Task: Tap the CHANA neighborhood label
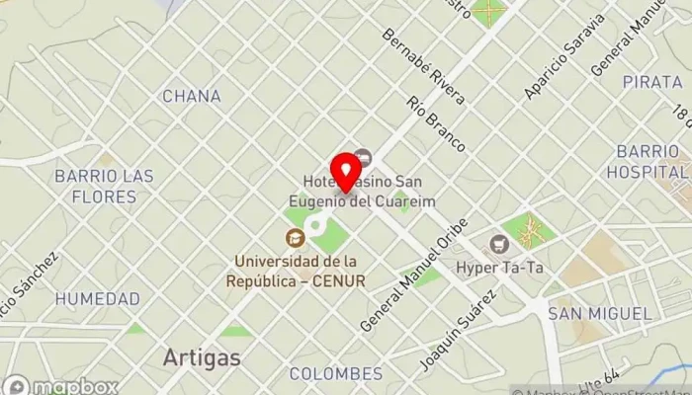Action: coord(191,97)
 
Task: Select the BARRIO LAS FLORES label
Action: coord(104,187)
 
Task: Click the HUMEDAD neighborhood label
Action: coord(97,298)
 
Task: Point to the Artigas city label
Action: coord(202,357)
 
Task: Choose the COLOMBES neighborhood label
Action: coord(336,374)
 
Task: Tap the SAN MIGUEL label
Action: coord(600,314)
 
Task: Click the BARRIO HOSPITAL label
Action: coord(647,161)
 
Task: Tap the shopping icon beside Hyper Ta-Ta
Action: coord(499,244)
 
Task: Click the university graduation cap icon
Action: coord(295,238)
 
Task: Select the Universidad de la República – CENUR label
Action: coord(300,271)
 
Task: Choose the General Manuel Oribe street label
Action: coord(412,274)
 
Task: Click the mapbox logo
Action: coord(61,386)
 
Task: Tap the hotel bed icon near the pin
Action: coord(363,157)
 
